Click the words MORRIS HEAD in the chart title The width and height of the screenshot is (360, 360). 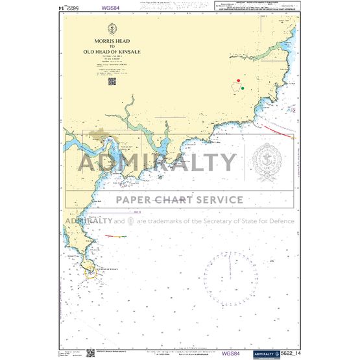(112, 40)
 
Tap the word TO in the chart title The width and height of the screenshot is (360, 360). (112, 45)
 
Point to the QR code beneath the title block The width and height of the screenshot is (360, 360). (112, 82)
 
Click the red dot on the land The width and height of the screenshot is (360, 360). (237, 82)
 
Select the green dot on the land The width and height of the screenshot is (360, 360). (243, 88)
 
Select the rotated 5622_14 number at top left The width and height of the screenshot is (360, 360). (69, 7)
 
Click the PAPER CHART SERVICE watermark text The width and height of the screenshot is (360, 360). (180, 200)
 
